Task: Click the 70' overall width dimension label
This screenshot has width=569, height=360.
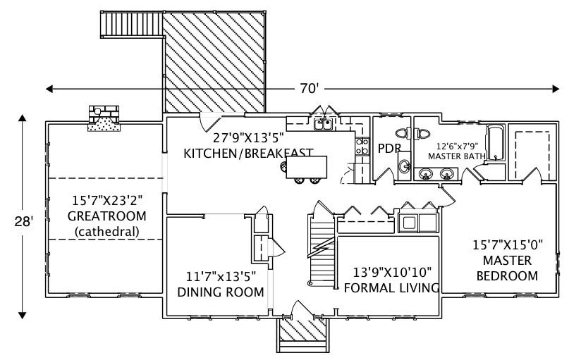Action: pos(307,89)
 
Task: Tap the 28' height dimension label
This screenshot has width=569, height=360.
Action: pos(23,221)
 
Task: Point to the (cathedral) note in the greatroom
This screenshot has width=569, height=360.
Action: pos(106,231)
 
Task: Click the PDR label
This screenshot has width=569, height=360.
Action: pos(389,149)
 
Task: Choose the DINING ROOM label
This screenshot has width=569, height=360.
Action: pos(221,292)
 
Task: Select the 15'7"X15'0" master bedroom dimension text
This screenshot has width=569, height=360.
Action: pos(506,246)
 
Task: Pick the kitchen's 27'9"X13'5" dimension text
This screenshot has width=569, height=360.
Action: pos(247,138)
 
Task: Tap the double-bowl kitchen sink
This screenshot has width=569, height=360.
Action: pos(324,125)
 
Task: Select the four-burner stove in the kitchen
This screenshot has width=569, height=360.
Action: pos(362,147)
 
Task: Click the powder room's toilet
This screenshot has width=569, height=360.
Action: pos(403,132)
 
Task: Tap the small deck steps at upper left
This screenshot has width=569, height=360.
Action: pos(115,26)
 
